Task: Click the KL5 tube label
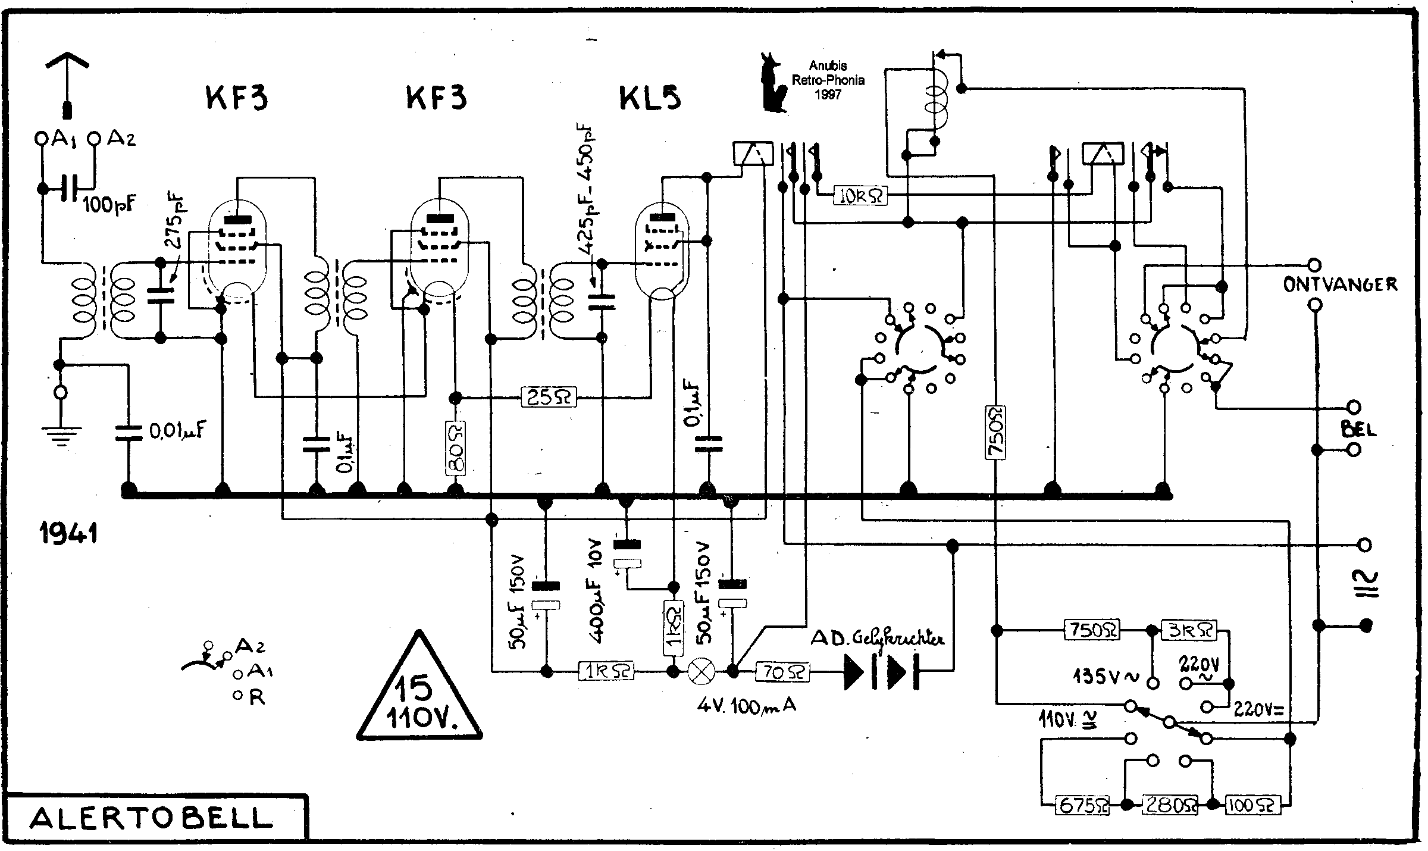pyautogui.click(x=650, y=99)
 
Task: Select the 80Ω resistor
pyautogui.click(x=455, y=448)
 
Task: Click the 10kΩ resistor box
pyautogui.click(x=860, y=196)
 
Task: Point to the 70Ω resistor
pyautogui.click(x=782, y=672)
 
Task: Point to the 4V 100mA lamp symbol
pyautogui.click(x=701, y=672)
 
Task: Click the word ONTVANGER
pyautogui.click(x=1339, y=285)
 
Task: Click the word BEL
pyautogui.click(x=1358, y=428)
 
